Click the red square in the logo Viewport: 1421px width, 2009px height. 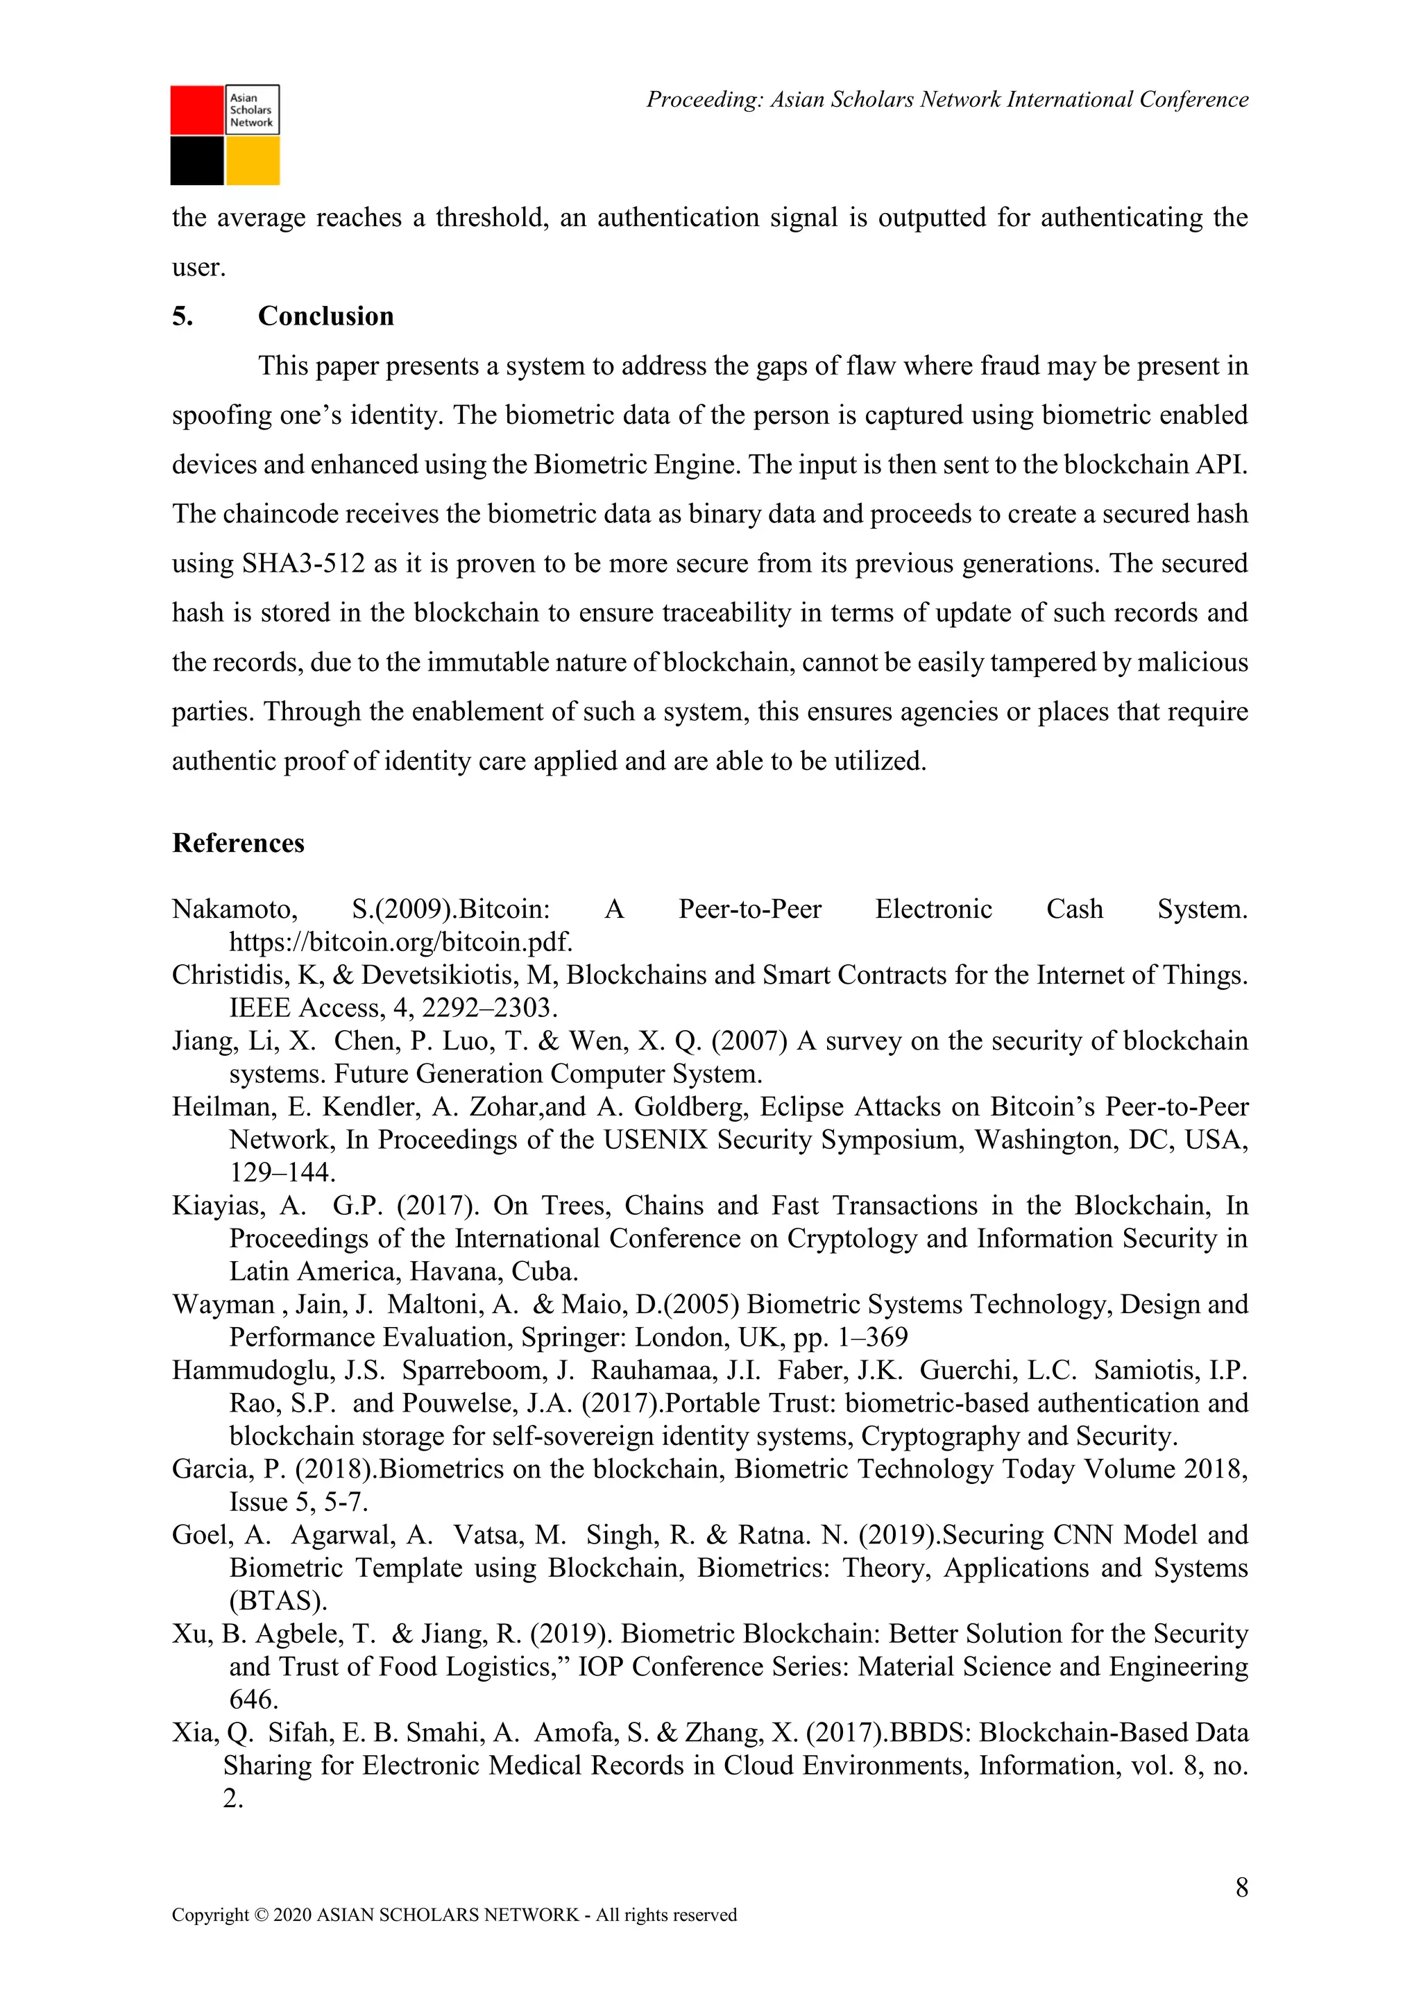coord(197,110)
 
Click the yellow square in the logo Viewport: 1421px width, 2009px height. coord(253,161)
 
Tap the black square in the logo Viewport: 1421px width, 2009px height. coord(197,161)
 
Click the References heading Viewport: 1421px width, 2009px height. coord(238,843)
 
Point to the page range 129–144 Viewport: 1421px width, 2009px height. coord(282,1172)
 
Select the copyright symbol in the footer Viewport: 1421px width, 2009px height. coord(261,1940)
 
